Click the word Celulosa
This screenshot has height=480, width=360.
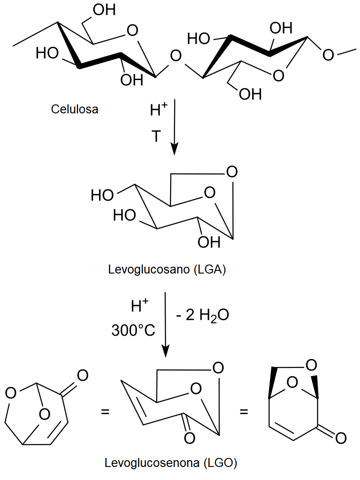click(x=75, y=109)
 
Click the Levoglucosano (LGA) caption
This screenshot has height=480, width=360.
click(x=167, y=269)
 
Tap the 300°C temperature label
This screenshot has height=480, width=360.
click(x=133, y=330)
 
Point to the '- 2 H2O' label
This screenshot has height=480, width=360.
click(x=202, y=315)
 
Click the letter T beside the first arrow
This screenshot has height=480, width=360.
click(x=156, y=136)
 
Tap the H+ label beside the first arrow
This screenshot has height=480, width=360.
click(x=159, y=110)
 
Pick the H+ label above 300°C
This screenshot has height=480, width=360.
click(x=139, y=305)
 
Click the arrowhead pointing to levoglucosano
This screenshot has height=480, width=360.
click(x=174, y=149)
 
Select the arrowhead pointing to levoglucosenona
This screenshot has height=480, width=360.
click(x=165, y=351)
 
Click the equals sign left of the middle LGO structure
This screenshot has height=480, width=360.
click(x=105, y=412)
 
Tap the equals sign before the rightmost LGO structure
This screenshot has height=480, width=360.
click(x=243, y=412)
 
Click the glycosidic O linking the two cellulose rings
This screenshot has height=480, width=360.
click(x=175, y=56)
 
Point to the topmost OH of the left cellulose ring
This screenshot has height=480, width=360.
click(x=104, y=10)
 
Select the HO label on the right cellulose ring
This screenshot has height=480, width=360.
click(x=198, y=39)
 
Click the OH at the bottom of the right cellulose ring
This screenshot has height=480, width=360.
click(x=250, y=94)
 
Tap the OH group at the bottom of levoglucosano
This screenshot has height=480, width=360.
click(x=209, y=242)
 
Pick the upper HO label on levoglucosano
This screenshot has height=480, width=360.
click(x=102, y=195)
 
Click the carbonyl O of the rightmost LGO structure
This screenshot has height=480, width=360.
click(x=341, y=438)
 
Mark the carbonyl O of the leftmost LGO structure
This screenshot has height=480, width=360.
click(x=82, y=375)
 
